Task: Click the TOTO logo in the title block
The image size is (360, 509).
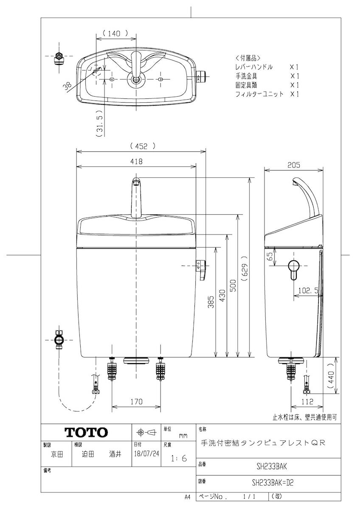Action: (x=86, y=432)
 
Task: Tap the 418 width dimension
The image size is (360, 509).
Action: (x=136, y=161)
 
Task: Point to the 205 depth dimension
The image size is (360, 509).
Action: (x=294, y=165)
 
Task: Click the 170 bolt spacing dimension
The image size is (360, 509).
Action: (x=136, y=401)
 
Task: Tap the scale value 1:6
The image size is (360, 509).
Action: (x=179, y=458)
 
